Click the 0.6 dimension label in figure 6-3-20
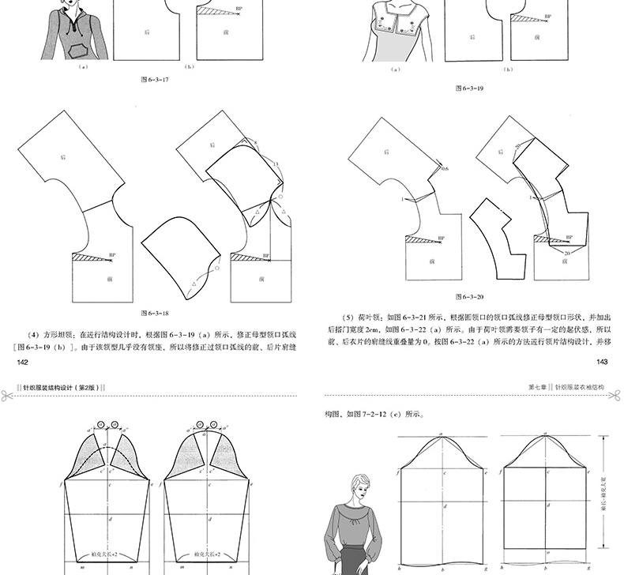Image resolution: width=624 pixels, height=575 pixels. [445, 169]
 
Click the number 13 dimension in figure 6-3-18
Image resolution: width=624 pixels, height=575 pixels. [276, 163]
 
